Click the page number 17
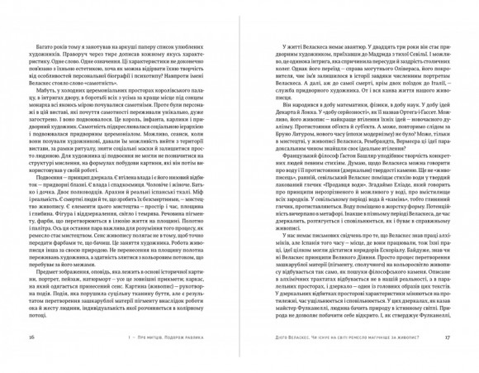pyautogui.click(x=447, y=337)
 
